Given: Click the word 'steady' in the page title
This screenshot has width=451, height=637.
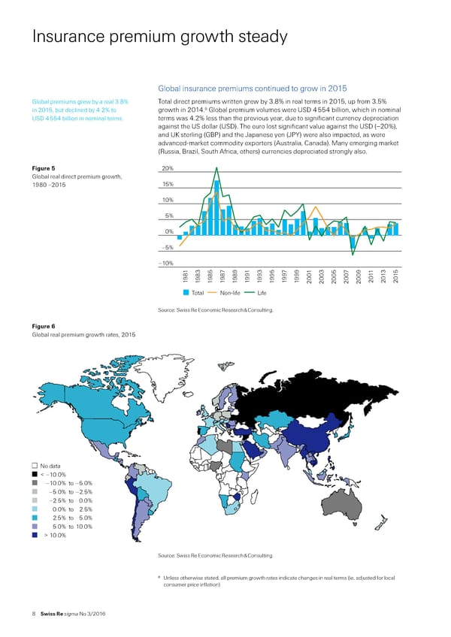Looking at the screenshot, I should coord(252,36).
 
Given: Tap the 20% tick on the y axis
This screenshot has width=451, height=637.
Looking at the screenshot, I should coord(168,168).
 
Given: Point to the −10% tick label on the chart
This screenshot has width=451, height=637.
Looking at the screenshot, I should coord(167,263).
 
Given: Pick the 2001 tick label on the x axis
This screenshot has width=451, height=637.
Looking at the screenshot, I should coord(309,277).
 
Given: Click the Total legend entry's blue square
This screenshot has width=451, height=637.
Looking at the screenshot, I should coord(186,292).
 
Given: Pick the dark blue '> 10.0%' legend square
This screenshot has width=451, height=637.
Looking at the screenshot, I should coord(35,536).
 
